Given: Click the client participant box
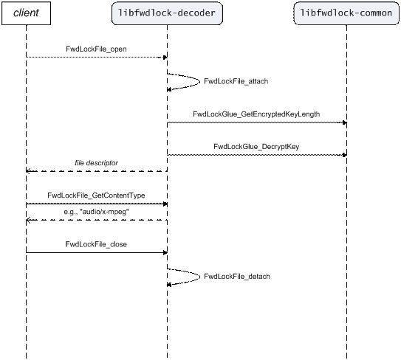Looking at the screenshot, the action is [26, 13].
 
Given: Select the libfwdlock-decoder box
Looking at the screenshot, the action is [167, 13].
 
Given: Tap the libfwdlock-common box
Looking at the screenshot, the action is [346, 13].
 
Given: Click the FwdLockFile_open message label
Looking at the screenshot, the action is [96, 49].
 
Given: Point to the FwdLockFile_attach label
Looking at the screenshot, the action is [236, 81].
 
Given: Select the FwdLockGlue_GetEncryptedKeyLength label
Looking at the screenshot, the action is [256, 114].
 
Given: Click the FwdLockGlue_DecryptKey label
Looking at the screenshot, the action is [256, 146].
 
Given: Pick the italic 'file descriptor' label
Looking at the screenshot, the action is [96, 163].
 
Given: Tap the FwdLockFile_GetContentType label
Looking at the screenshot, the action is [96, 195].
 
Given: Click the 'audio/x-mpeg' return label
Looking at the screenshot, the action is [96, 212].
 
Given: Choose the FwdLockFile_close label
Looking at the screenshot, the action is [96, 244].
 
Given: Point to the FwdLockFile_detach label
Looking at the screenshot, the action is [237, 277].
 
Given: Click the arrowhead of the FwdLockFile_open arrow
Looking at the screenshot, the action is [165, 58].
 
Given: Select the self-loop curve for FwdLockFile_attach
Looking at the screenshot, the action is [199, 82].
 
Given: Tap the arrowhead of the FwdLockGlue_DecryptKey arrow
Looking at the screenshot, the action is [344, 155].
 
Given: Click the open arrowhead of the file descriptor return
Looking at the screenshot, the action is [28, 171].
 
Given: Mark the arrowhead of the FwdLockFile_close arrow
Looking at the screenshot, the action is [165, 253].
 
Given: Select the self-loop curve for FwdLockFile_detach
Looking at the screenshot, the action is [199, 277].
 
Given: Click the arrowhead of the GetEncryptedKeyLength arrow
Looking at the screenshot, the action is [344, 122].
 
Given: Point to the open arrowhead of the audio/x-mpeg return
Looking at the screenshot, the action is [28, 220].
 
